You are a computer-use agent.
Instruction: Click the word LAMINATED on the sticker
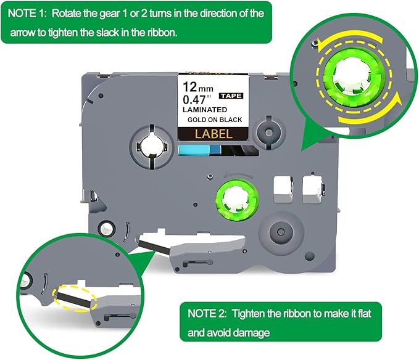coord(204,110)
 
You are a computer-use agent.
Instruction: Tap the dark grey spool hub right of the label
coord(267,133)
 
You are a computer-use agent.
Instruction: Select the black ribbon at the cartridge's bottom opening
coord(149,245)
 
